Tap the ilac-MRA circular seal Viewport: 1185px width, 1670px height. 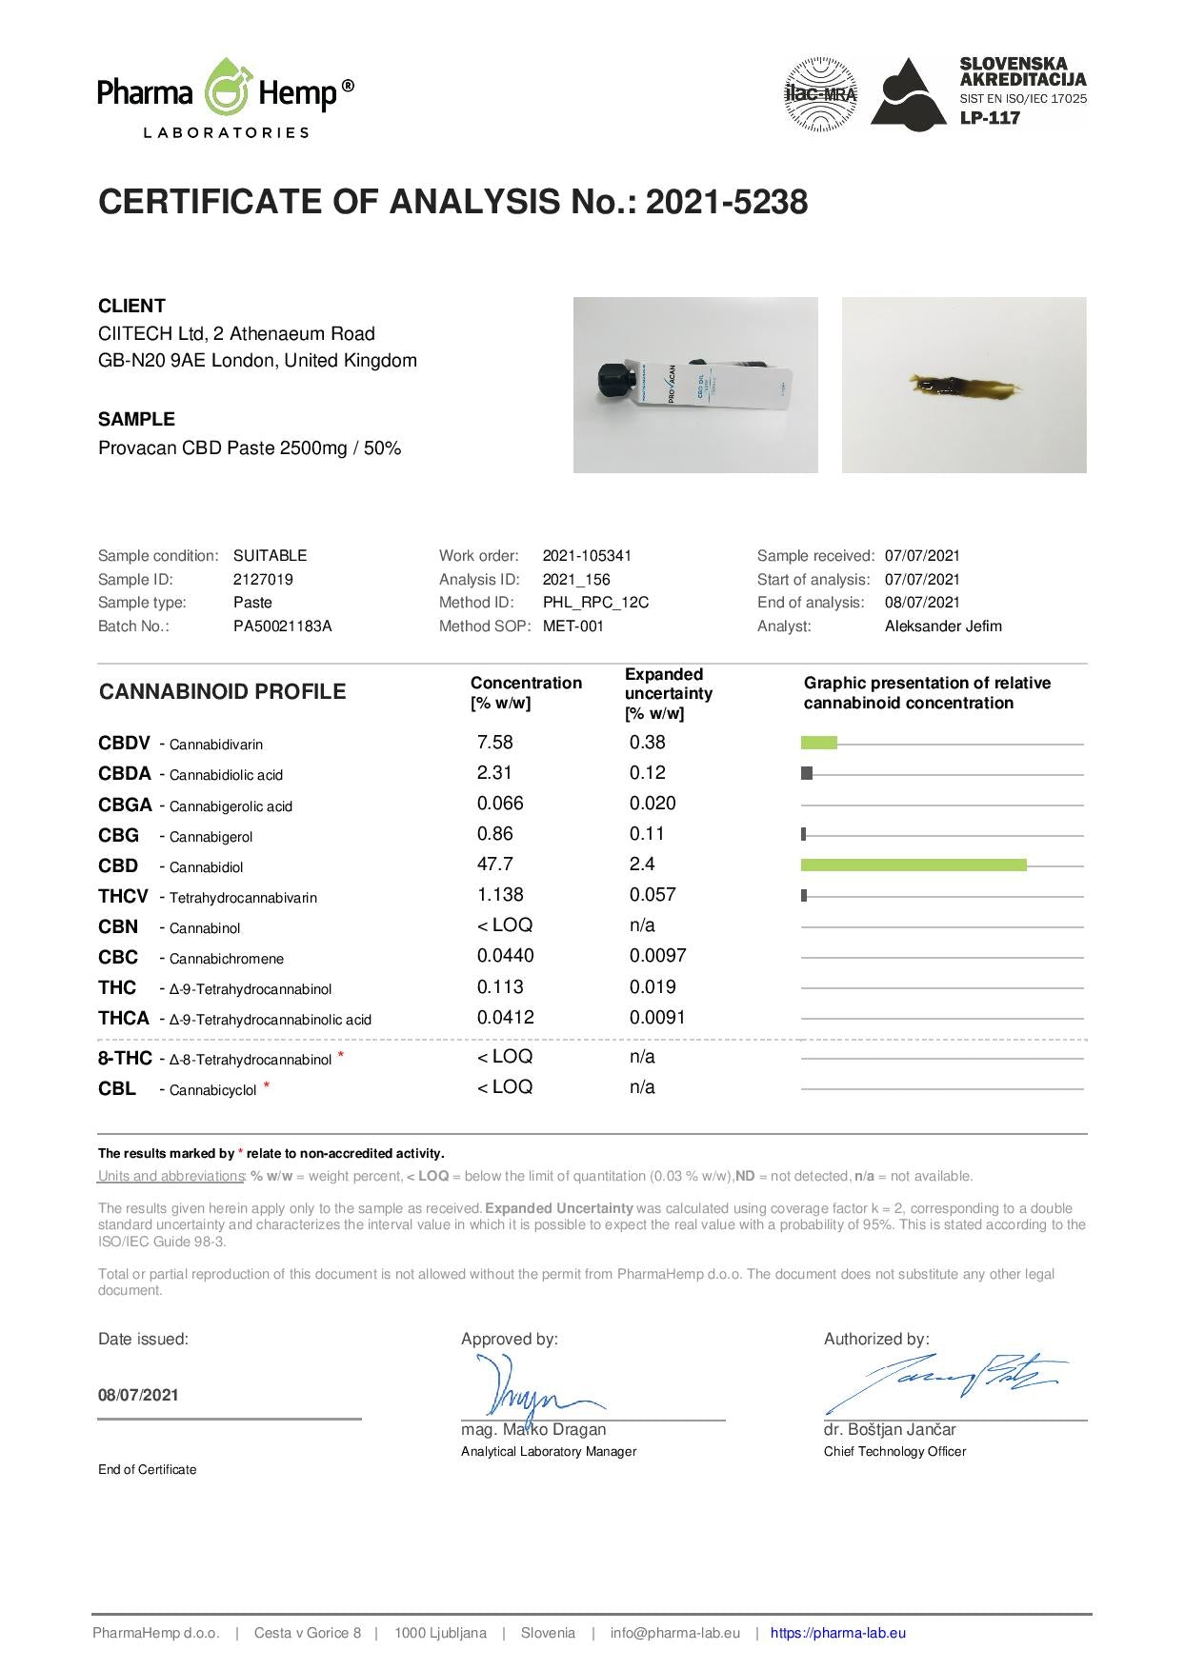tap(819, 93)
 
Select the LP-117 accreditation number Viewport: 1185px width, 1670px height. tap(990, 118)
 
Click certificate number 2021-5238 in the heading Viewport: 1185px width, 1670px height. tap(727, 202)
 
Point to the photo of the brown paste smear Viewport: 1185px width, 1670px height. tap(963, 385)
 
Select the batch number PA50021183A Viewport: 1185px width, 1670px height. tap(282, 626)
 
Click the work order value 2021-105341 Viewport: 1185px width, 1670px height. tap(587, 556)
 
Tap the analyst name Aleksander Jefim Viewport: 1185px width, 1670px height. tap(943, 626)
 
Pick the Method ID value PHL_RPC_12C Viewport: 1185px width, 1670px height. tap(595, 603)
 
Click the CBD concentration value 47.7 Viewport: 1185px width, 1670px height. tap(494, 865)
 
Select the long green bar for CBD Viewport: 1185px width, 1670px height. tap(914, 865)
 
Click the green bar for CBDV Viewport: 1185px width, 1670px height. tap(818, 743)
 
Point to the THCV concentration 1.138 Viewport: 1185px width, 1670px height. tap(500, 895)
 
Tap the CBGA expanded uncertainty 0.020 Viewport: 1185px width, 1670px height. tap(653, 804)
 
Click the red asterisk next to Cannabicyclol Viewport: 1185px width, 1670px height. tap(267, 1085)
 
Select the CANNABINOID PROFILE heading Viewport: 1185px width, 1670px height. tap(222, 692)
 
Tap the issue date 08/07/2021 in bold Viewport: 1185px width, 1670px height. tap(138, 1395)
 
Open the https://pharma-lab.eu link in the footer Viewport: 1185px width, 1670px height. tap(837, 1633)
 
